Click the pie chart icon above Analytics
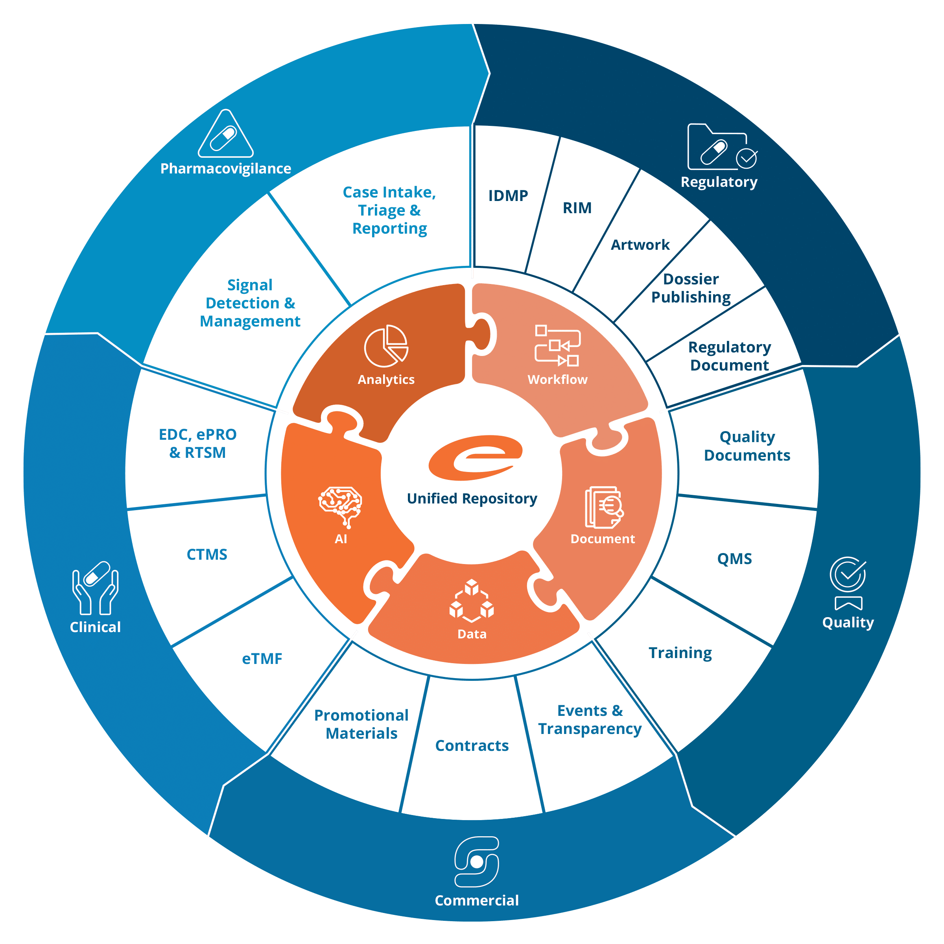click(386, 346)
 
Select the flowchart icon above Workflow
click(557, 345)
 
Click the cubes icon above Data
click(472, 601)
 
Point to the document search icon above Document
click(604, 507)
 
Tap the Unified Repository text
click(472, 498)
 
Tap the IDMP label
click(508, 195)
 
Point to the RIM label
click(577, 208)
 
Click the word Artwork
click(640, 245)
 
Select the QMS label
click(734, 559)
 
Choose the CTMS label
click(206, 555)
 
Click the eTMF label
click(262, 659)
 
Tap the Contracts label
click(472, 746)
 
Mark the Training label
click(680, 653)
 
